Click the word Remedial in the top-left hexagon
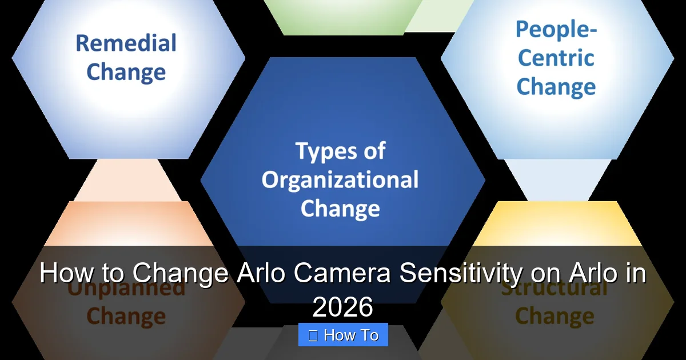click(126, 43)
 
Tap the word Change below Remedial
click(126, 73)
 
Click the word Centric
click(556, 58)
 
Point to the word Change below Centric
click(556, 87)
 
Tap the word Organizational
click(340, 179)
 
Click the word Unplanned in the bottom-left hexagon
click(126, 288)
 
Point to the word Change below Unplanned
click(126, 315)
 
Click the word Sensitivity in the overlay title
click(460, 274)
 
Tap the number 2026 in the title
click(342, 307)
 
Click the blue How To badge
click(343, 335)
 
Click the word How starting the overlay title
click(62, 274)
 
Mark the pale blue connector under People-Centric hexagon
click(557, 180)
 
